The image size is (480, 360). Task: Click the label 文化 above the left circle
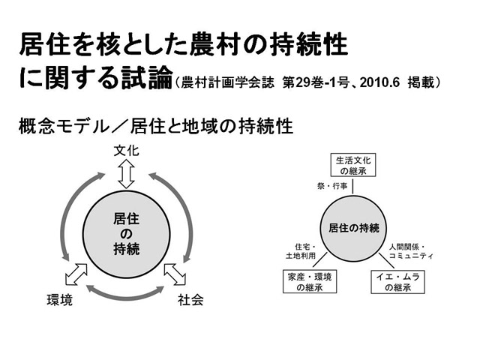point(127,151)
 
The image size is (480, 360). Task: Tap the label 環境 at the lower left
point(60,300)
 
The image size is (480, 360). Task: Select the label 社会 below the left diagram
point(190,300)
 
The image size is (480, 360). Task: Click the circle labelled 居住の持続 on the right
point(353,228)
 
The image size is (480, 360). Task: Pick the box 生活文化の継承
point(353,165)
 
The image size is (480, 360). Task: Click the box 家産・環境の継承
point(310,282)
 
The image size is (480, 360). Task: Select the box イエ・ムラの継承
point(397,282)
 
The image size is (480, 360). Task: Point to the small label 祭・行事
point(332,186)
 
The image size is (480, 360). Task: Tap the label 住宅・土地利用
point(301,251)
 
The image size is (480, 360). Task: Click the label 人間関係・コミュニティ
point(411,251)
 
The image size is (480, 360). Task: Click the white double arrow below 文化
point(127,175)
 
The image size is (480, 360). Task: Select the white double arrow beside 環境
point(76,274)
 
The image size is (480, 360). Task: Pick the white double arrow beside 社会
point(175,274)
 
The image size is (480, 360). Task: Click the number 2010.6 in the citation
point(379,82)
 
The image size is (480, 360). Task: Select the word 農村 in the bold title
point(216,45)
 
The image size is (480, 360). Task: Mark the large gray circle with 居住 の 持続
point(126,234)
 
